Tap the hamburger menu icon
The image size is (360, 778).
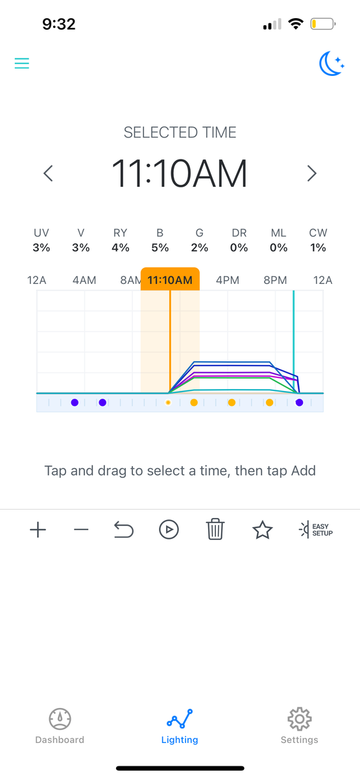point(21,64)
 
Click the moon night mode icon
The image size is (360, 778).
point(331,64)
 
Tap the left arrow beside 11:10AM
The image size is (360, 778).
point(48,173)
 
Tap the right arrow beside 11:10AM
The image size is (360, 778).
point(312,173)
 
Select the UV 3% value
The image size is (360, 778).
point(42,248)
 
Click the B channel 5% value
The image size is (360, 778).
point(160,248)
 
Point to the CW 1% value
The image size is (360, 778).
point(318,248)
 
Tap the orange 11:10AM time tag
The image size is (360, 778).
point(170,279)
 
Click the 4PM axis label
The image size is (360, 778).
point(228,280)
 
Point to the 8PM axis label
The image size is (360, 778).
point(275,280)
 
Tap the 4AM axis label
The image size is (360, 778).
point(84,280)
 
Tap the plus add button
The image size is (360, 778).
point(38,530)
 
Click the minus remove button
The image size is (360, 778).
point(81,530)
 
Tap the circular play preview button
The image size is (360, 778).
point(169,530)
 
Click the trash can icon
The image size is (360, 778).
point(215,529)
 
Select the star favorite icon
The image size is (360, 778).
point(262,530)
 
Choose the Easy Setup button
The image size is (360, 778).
point(315,530)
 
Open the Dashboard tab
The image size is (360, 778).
point(60,726)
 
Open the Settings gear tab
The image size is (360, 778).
point(299,726)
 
